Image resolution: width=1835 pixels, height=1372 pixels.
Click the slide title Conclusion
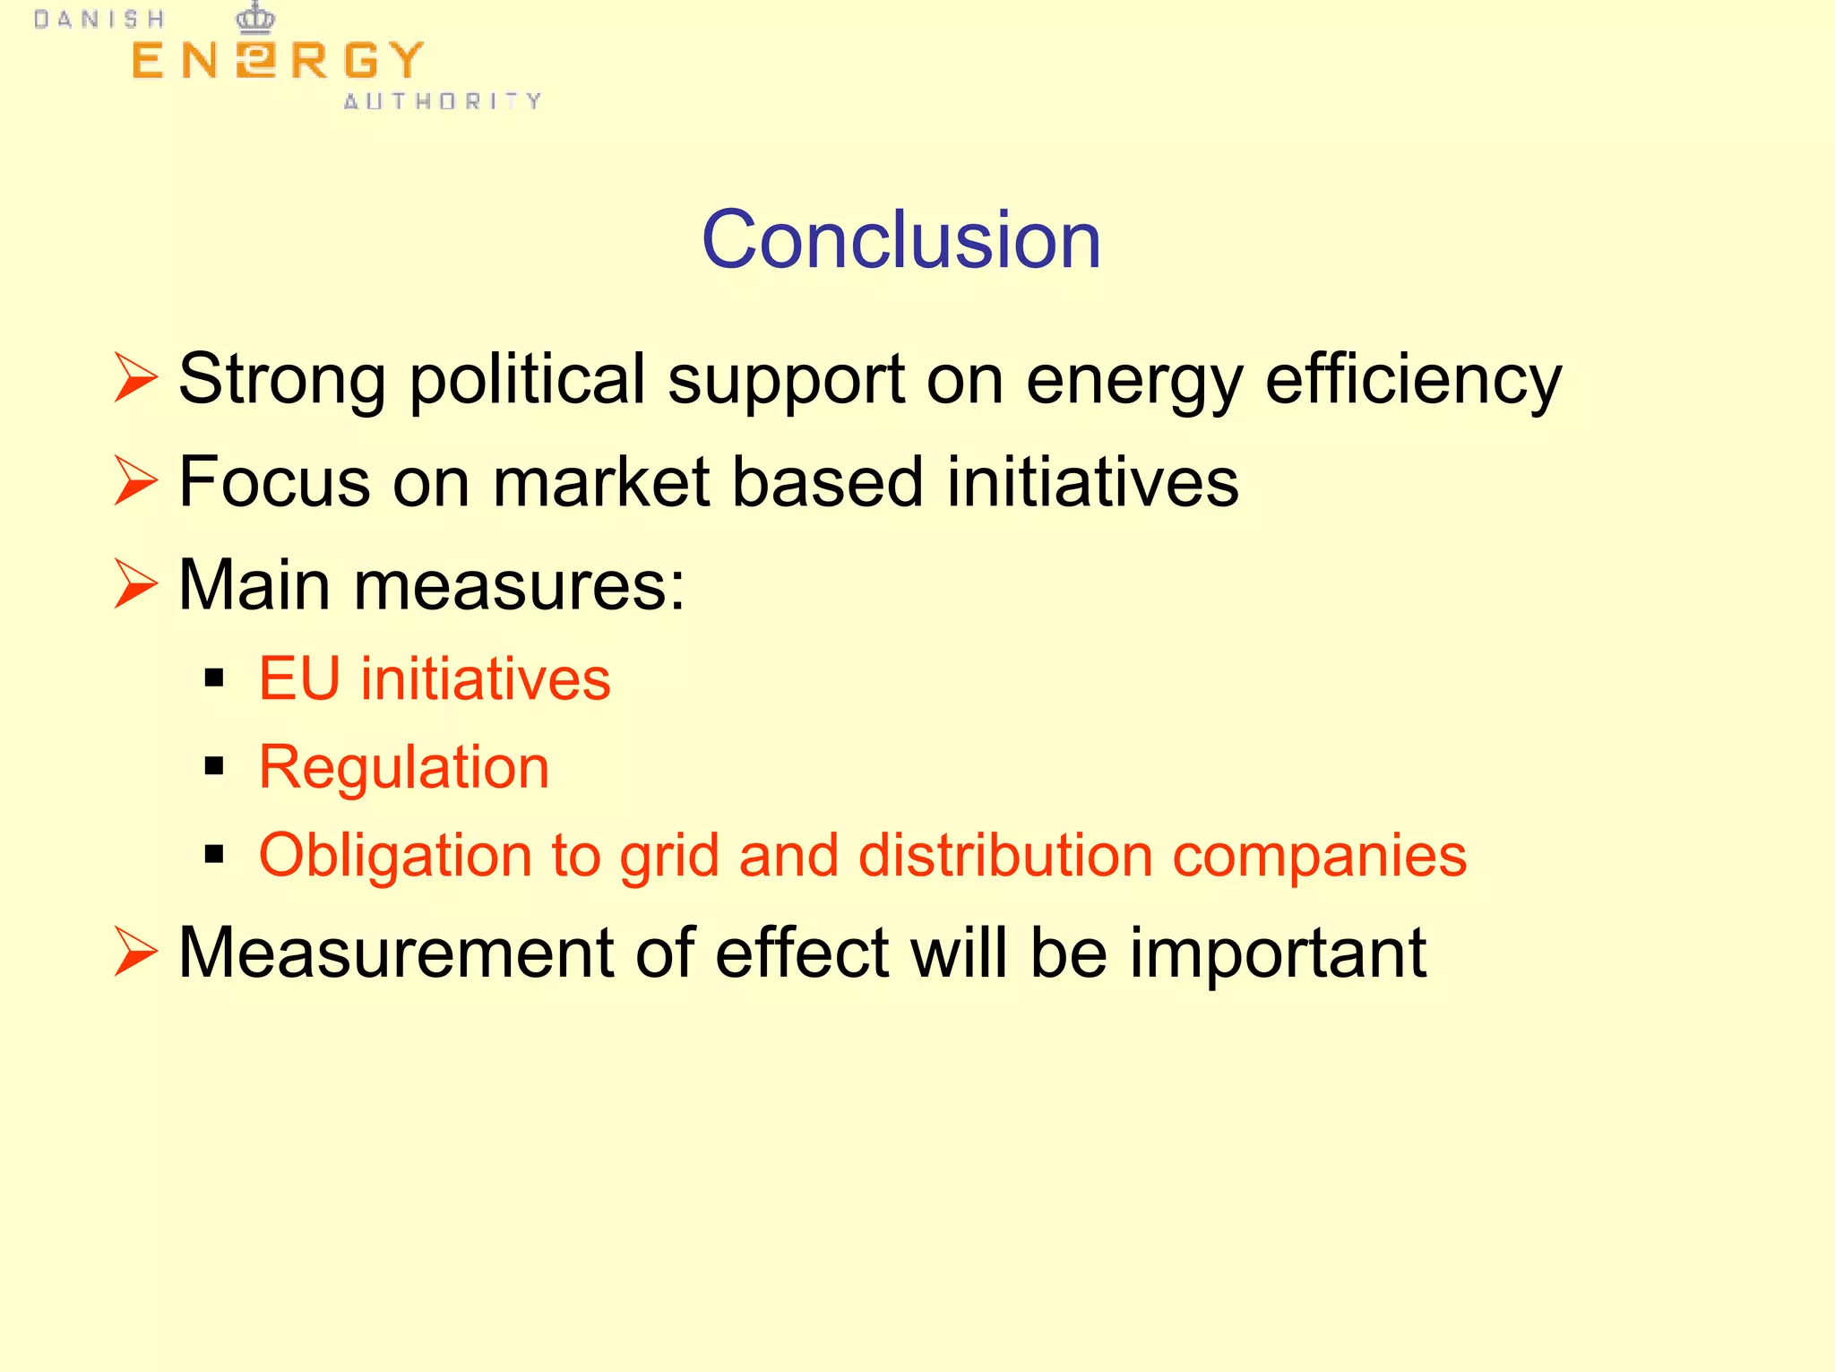point(900,239)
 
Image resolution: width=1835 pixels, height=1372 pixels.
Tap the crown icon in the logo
point(255,18)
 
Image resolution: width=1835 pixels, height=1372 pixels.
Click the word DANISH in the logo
point(99,20)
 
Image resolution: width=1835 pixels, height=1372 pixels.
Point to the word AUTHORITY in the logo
point(443,101)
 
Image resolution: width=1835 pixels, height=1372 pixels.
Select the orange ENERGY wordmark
point(277,61)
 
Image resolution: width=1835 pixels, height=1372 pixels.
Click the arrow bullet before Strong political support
point(135,377)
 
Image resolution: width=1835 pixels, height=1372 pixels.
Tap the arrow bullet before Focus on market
point(135,480)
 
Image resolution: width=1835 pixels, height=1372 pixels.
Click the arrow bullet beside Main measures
point(135,583)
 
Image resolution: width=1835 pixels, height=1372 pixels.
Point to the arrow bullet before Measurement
point(135,951)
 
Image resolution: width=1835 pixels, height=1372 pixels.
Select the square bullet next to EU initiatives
point(213,677)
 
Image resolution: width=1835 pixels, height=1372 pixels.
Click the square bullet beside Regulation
point(213,766)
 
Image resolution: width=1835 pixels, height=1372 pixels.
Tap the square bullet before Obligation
point(213,854)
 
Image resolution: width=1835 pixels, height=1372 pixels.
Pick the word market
point(600,482)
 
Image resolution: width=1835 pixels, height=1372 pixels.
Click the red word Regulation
point(404,768)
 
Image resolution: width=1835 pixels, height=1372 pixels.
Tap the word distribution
point(1005,854)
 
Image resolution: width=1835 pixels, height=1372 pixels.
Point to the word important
point(1278,953)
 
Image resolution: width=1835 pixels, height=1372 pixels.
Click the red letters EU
point(299,678)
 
